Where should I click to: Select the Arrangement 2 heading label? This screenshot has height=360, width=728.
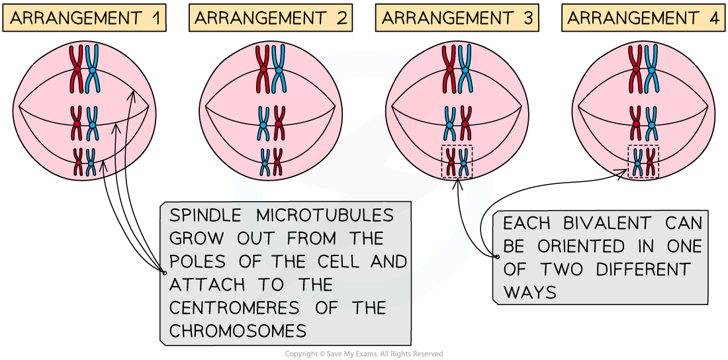[x=271, y=18]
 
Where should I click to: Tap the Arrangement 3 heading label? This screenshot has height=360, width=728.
[x=457, y=18]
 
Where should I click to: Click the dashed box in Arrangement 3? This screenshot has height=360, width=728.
[x=457, y=161]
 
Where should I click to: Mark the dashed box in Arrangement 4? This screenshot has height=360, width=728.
[x=643, y=161]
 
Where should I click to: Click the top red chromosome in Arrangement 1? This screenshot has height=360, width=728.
[x=77, y=68]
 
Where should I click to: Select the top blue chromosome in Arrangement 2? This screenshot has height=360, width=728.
[x=279, y=68]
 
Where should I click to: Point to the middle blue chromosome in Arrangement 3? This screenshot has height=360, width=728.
[x=450, y=123]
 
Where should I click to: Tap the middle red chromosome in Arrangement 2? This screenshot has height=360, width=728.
[x=279, y=123]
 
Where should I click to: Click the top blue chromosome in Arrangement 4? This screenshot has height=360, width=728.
[x=652, y=68]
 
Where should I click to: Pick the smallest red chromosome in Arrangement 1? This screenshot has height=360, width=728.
[x=78, y=162]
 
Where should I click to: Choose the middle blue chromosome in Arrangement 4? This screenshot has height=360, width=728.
[x=652, y=123]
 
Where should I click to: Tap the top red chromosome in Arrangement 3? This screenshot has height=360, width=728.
[x=450, y=68]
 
